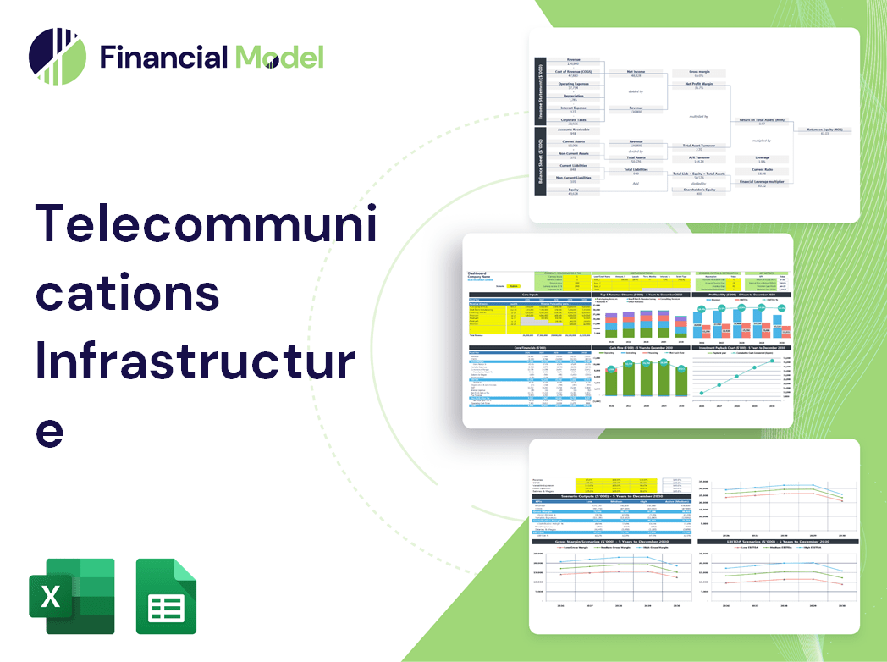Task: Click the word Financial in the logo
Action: tap(163, 57)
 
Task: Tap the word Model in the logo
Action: tap(279, 57)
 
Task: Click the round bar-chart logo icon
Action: tap(58, 57)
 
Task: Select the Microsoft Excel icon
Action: tap(71, 596)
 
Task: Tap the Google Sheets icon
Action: tap(166, 596)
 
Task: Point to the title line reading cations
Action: tap(127, 293)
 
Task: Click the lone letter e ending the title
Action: tap(50, 430)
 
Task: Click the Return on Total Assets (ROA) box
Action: tap(762, 122)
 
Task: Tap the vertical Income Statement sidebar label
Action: tap(538, 91)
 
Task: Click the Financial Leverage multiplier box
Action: tap(762, 183)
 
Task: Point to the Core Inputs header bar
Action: tap(530, 295)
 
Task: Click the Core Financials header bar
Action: tap(530, 348)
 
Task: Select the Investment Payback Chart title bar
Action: tap(742, 348)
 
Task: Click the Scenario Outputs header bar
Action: tap(609, 497)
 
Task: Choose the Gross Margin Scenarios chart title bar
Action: tap(609, 542)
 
